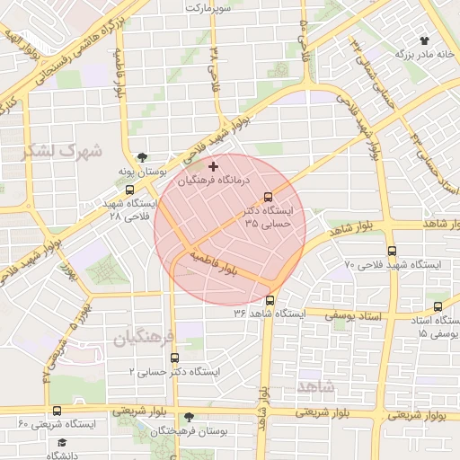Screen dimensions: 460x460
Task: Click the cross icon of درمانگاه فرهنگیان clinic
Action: (213, 166)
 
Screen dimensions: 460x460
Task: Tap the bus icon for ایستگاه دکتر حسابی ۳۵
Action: (267, 198)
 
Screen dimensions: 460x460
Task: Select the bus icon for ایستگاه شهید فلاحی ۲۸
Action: (132, 190)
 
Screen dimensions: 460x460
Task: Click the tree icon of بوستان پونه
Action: (141, 156)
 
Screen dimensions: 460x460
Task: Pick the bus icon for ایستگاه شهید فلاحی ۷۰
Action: (392, 252)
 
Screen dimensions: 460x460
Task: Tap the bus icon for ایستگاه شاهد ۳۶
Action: (270, 301)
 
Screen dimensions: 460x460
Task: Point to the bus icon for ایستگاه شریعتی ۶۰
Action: (57, 411)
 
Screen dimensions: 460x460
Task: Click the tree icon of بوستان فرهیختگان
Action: (189, 418)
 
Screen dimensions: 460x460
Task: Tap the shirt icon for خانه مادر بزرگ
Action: (425, 40)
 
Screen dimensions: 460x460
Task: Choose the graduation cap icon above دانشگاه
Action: (62, 443)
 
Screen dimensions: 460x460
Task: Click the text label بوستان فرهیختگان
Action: (188, 432)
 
